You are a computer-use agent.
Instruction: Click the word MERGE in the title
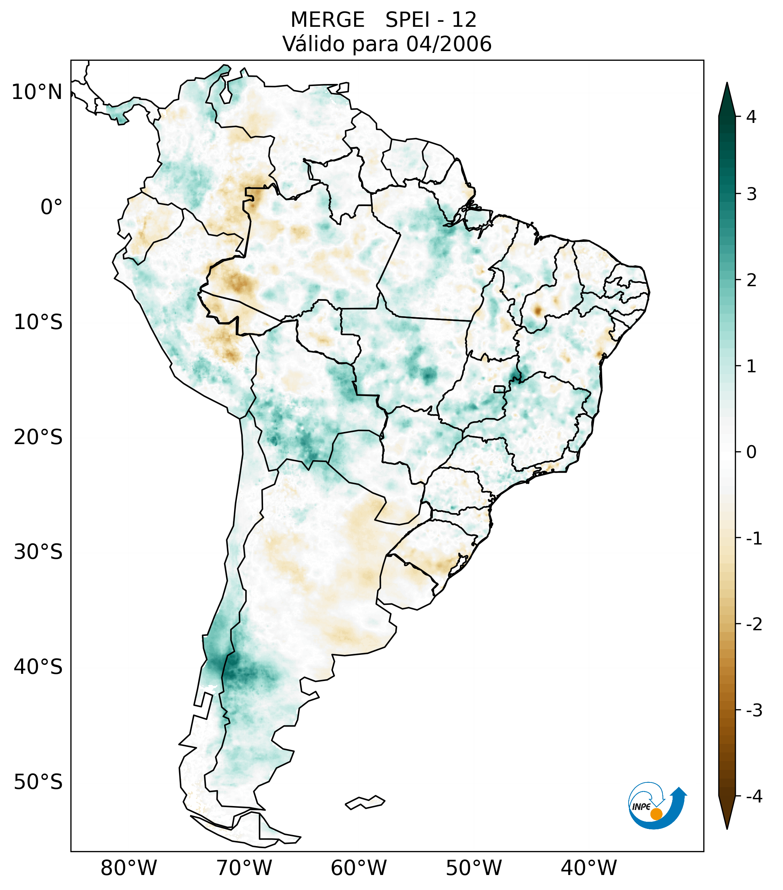click(x=327, y=20)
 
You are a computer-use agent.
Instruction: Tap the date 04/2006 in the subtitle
click(x=449, y=44)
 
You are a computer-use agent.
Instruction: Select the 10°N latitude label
click(x=36, y=92)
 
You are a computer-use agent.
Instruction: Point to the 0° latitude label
click(x=51, y=207)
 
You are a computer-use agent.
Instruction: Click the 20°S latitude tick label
click(x=38, y=437)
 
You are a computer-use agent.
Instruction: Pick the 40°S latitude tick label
click(x=38, y=667)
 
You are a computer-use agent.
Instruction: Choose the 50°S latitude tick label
click(x=38, y=782)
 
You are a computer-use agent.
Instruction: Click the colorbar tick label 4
click(x=751, y=117)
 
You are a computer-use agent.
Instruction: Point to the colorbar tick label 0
click(x=751, y=452)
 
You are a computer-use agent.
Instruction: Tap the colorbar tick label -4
click(x=754, y=797)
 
